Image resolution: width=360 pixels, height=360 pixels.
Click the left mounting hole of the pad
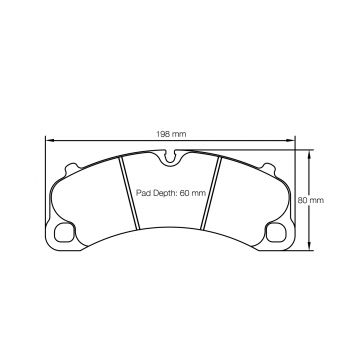pyautogui.click(x=66, y=233)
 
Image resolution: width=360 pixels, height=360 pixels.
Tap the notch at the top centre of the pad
pyautogui.click(x=173, y=157)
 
